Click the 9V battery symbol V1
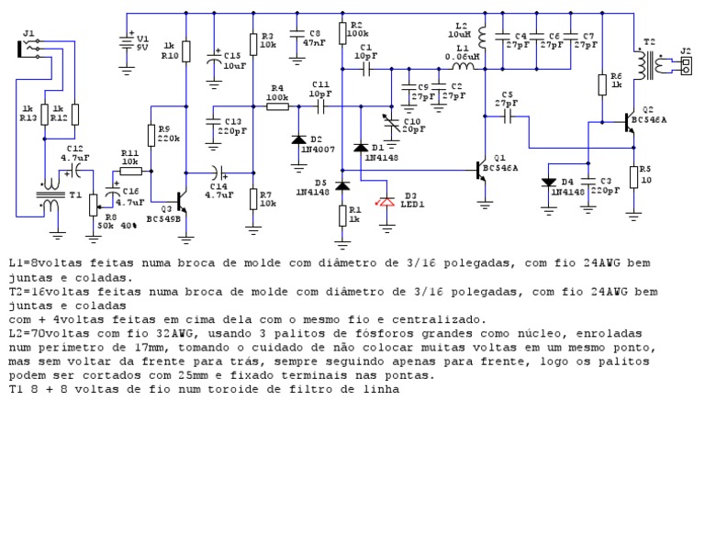[x=127, y=43]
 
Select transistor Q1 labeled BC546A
[x=480, y=170]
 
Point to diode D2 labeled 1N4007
[x=298, y=140]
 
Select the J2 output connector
[x=684, y=65]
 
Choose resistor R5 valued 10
[x=633, y=176]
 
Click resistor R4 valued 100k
[x=277, y=106]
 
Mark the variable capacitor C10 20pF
[x=391, y=125]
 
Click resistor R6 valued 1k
[x=603, y=83]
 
